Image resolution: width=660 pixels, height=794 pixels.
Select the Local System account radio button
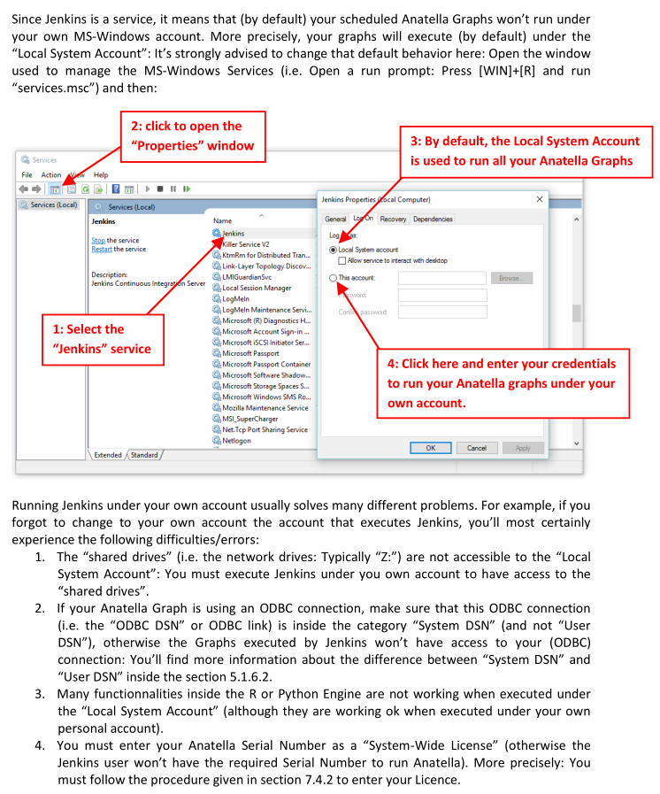point(333,251)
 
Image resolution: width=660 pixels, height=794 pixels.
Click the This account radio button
point(333,278)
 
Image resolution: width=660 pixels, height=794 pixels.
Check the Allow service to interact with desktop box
point(342,261)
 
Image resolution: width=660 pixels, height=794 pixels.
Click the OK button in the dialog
point(431,448)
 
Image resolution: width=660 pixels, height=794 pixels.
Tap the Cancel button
point(477,448)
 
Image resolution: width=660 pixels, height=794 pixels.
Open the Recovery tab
point(393,220)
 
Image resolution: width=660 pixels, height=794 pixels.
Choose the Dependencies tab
point(433,220)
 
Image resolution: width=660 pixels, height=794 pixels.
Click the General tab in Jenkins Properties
point(335,220)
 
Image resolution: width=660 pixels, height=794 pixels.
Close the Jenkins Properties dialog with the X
point(540,200)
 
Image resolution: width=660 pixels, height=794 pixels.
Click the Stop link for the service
point(98,241)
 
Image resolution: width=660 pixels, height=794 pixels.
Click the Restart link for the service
point(102,250)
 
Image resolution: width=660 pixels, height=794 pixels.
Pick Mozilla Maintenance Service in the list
point(265,408)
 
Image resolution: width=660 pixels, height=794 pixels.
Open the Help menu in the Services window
point(101,175)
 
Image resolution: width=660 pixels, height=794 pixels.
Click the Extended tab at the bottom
point(108,455)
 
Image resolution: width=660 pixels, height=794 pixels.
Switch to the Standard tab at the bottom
point(143,455)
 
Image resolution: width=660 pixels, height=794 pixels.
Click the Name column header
point(223,220)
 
